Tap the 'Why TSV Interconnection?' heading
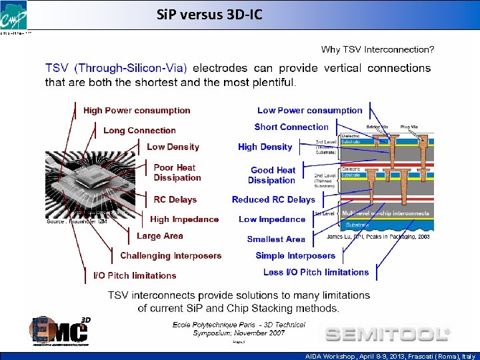[x=377, y=49]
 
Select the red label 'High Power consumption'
[x=137, y=111]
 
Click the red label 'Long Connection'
[x=139, y=131]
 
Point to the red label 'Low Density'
[x=173, y=147]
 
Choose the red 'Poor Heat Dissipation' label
[x=177, y=173]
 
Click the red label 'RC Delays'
[x=175, y=199]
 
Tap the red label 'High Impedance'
[x=184, y=219]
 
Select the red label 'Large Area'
[x=159, y=236]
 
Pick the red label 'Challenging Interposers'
[x=171, y=256]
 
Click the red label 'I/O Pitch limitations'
[x=135, y=275]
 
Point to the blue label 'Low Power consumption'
[x=310, y=111]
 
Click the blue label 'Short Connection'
[x=291, y=127]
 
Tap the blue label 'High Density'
[x=265, y=147]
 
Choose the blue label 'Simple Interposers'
[x=295, y=256]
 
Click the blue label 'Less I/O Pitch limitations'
[x=316, y=272]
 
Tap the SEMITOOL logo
[x=387, y=333]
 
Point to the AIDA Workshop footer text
[x=386, y=357]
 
